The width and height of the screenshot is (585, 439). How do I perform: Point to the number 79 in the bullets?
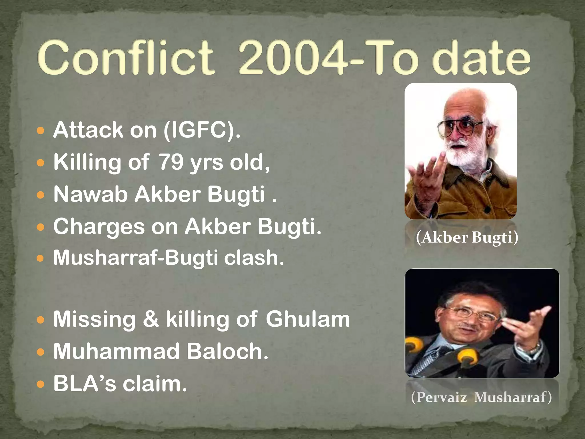pos(171,162)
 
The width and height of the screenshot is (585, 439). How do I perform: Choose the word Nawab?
pos(90,194)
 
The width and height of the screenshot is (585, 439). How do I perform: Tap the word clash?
pos(254,258)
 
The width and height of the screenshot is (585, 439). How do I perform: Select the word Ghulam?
pos(308,319)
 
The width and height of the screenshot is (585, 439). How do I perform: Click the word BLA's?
pos(85,384)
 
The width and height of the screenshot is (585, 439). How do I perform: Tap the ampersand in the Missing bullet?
pos(151,319)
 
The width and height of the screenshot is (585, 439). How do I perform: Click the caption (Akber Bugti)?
pos(467,238)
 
